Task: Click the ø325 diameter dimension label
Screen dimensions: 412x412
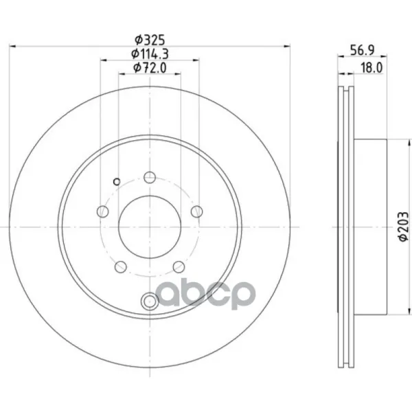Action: (x=150, y=40)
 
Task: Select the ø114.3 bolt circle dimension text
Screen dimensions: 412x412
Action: (x=150, y=54)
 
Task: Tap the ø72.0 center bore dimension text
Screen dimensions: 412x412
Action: (x=150, y=68)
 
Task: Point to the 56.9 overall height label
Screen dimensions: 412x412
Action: (x=363, y=50)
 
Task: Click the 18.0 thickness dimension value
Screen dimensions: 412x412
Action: (x=371, y=68)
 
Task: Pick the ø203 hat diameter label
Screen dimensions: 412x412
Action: (x=404, y=227)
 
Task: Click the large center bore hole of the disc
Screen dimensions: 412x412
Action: (x=150, y=227)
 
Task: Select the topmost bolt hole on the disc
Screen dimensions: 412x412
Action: (x=150, y=177)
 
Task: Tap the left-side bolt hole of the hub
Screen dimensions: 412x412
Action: (x=103, y=211)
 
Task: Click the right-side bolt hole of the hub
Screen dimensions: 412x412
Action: (x=197, y=211)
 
